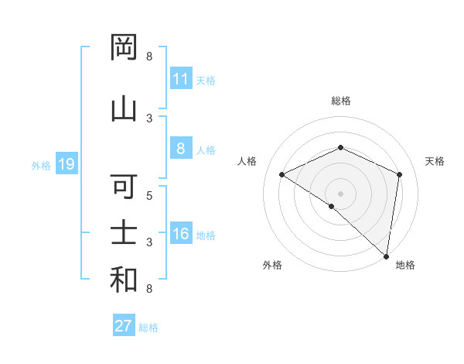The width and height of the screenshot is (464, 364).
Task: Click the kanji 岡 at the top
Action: point(124,47)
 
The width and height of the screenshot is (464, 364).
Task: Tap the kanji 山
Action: point(124,108)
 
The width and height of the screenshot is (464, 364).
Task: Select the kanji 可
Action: point(124,187)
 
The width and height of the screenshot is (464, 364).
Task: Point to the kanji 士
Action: point(124,232)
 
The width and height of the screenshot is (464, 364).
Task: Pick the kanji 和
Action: point(124,279)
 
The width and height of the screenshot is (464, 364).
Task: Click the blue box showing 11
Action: point(181,79)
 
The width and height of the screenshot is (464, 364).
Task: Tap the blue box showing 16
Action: point(181,235)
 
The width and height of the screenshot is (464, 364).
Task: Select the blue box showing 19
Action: point(66,164)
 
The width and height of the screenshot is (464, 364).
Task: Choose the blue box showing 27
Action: point(124,326)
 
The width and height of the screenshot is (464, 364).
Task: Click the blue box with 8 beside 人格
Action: point(181,149)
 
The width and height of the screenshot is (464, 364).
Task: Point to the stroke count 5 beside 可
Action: point(150,196)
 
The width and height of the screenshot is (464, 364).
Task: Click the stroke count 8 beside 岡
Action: point(150,57)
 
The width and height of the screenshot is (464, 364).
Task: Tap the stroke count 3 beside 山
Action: point(150,118)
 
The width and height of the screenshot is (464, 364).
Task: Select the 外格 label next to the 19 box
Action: point(41,165)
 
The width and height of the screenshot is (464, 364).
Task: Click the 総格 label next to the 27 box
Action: point(148,327)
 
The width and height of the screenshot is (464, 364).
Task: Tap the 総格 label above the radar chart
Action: point(340,101)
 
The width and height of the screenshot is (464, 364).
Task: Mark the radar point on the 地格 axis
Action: point(387,256)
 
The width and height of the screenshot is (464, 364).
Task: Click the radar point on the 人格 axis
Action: point(282,175)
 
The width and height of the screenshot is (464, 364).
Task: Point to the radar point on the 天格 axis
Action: point(400,175)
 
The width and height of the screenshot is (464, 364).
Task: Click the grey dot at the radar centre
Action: point(340,193)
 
